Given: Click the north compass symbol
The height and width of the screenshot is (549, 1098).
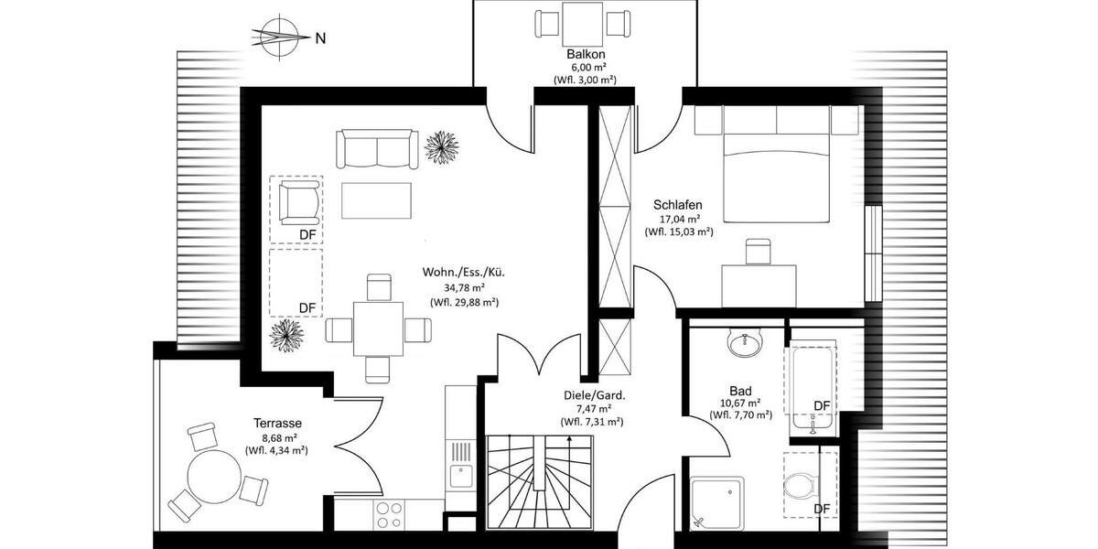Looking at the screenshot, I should point(277,38).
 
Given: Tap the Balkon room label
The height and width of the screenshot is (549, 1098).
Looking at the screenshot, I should point(584,54).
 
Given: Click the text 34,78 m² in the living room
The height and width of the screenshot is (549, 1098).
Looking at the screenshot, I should point(464,287).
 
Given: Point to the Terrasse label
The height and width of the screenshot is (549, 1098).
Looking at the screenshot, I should point(277,423).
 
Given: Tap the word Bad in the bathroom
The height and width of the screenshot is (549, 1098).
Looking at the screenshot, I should point(740,388).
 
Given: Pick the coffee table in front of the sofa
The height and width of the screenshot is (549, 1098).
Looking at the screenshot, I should point(376,200).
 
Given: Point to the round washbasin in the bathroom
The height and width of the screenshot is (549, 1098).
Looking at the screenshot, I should point(743,345).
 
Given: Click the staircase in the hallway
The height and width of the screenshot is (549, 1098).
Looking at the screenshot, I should point(540,485).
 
